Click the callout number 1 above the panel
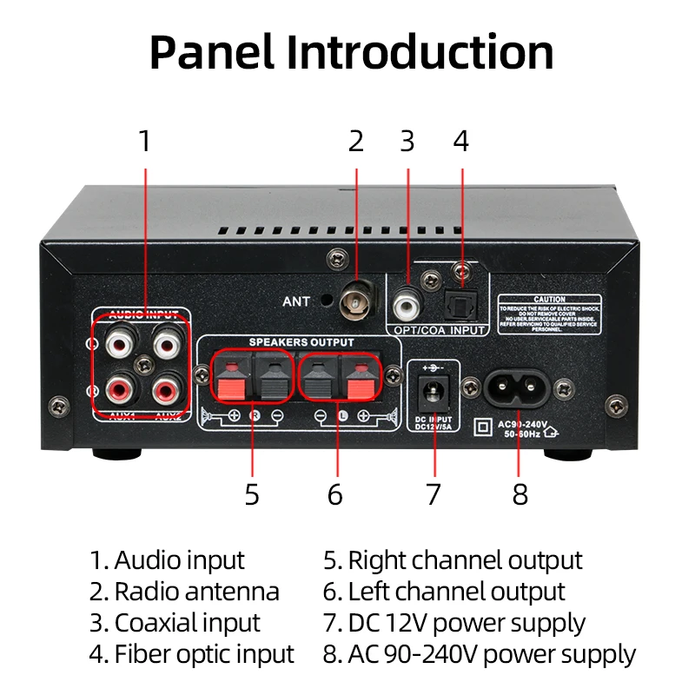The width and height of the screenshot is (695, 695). click(x=145, y=140)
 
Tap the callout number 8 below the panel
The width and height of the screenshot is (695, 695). click(x=520, y=494)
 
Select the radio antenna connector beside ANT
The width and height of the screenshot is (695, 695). click(x=356, y=301)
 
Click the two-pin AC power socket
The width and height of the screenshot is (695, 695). click(x=520, y=390)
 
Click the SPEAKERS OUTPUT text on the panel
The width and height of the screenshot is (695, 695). click(x=301, y=342)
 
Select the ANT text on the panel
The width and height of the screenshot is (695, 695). click(x=296, y=302)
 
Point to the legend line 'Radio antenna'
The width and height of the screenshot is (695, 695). click(x=184, y=592)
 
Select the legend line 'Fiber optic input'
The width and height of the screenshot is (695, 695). click(x=191, y=654)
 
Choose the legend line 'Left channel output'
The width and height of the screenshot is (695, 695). click(x=444, y=592)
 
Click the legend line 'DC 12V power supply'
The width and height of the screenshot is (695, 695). click(x=454, y=623)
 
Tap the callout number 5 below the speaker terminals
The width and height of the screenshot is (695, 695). click(x=252, y=494)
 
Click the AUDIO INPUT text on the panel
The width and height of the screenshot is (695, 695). click(x=144, y=314)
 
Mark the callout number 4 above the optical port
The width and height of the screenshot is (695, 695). click(x=461, y=140)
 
